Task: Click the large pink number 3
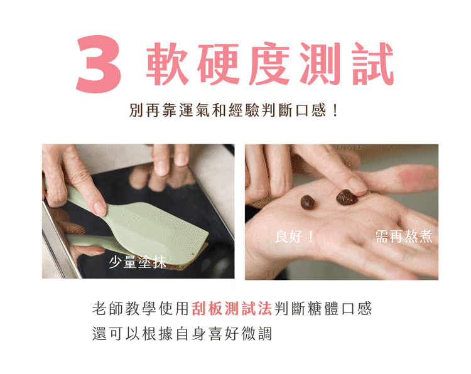pyautogui.click(x=99, y=64)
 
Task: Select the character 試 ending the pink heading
pyautogui.click(x=373, y=63)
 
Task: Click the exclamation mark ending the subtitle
pyautogui.click(x=335, y=110)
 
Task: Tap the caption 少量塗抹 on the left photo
pyautogui.click(x=138, y=262)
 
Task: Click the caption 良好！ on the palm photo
pyautogui.click(x=295, y=236)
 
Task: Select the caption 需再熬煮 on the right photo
pyautogui.click(x=404, y=236)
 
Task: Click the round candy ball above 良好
pyautogui.click(x=308, y=202)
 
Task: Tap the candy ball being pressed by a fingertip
pyautogui.click(x=346, y=198)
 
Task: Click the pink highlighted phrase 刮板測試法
pyautogui.click(x=232, y=309)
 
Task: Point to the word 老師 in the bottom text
pyautogui.click(x=107, y=309)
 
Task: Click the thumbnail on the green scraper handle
pyautogui.click(x=99, y=208)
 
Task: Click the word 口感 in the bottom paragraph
pyautogui.click(x=357, y=309)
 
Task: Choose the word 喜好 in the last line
pyautogui.click(x=224, y=334)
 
